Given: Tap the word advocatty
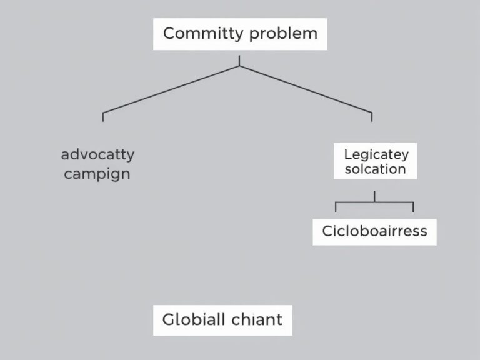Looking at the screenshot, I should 97,154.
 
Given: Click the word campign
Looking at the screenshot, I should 97,173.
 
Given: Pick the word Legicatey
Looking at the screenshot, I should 376,154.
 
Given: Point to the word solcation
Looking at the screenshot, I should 375,169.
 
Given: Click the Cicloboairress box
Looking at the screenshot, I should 374,231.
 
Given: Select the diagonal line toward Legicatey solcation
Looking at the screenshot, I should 306,89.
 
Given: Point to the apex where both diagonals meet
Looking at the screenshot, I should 239,65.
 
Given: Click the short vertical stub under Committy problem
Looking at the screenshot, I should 239,61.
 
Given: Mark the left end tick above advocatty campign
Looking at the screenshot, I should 103,117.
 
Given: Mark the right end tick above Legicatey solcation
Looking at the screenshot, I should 372,117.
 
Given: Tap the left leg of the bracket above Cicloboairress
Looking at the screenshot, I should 336,207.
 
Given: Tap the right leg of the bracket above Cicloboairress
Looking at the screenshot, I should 413,207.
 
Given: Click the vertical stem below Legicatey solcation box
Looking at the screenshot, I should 374,196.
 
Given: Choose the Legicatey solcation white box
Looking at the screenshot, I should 375,161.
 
